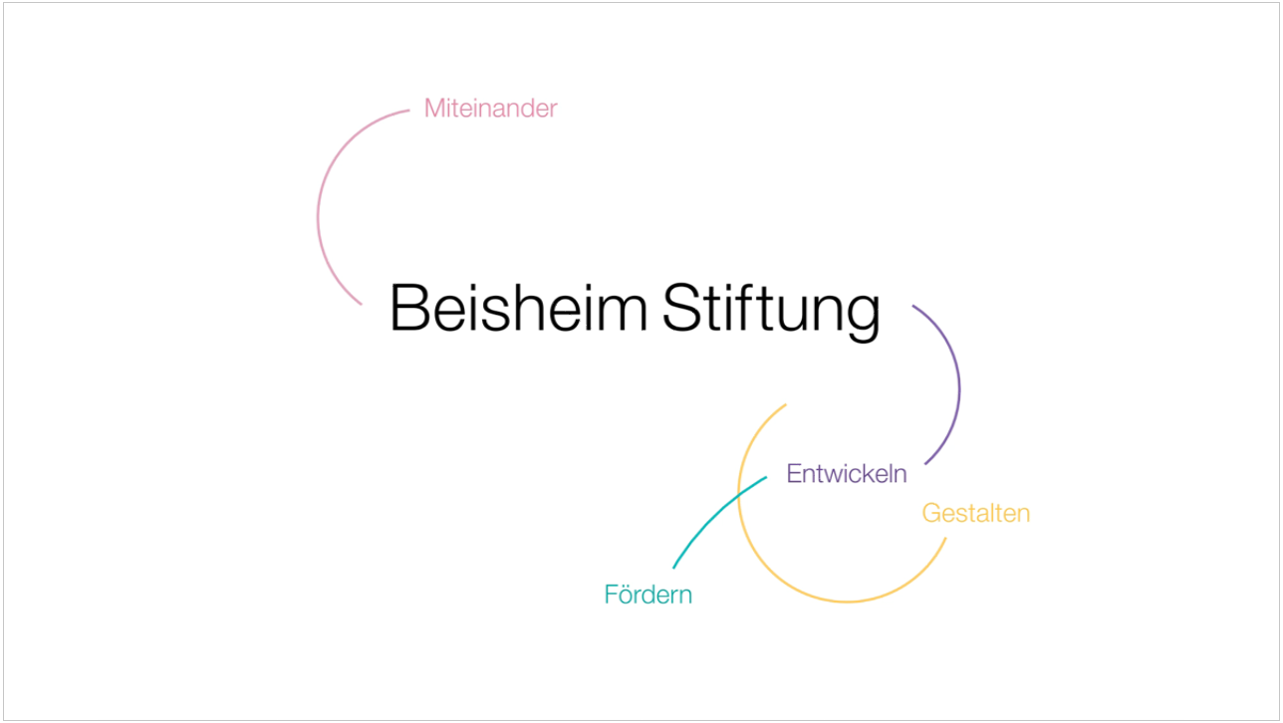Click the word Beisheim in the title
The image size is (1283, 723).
(519, 307)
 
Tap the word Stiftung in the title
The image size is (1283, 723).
(771, 311)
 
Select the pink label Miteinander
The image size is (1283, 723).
(490, 109)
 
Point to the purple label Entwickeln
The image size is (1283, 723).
(847, 473)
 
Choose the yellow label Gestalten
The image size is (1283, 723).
(976, 513)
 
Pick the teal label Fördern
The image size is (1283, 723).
(647, 595)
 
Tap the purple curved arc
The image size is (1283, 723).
(959, 389)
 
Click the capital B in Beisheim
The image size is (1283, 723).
(409, 307)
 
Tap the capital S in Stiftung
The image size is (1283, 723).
(681, 307)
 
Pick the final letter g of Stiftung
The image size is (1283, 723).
(863, 318)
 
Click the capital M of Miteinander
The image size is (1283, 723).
(433, 109)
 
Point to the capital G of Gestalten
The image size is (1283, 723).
(932, 513)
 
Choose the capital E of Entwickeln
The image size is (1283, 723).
(795, 473)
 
